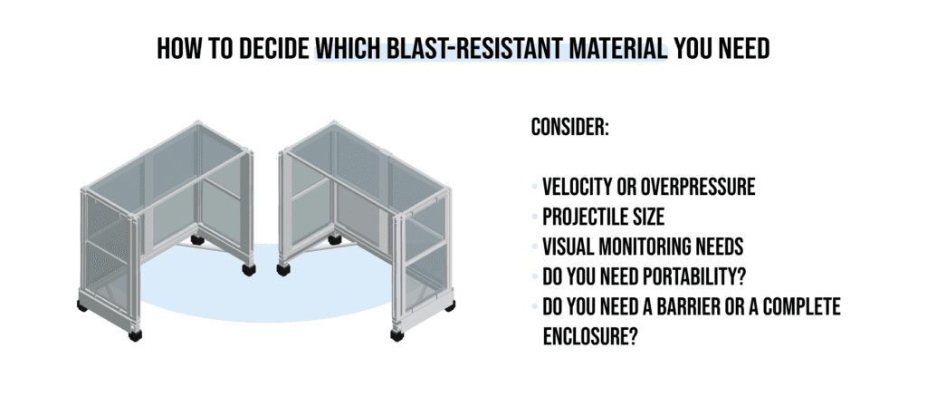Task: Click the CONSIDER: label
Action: click(569, 128)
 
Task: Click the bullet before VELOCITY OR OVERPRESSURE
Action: click(534, 189)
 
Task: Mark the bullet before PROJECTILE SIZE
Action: click(534, 218)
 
